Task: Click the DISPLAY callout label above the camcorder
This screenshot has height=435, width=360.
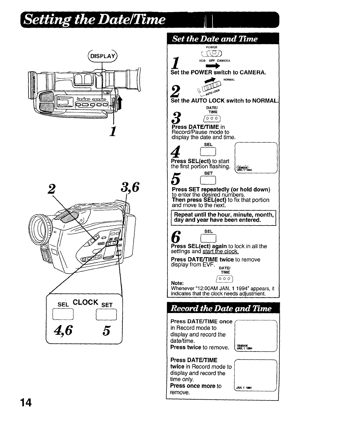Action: (x=102, y=56)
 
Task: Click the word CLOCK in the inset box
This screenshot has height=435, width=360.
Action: (x=86, y=302)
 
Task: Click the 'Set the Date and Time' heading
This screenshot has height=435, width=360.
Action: (x=215, y=39)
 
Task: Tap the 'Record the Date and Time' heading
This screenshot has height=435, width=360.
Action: (x=221, y=309)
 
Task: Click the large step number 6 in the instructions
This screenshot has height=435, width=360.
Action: (x=176, y=236)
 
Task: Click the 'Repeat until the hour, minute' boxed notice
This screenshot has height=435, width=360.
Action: (x=223, y=217)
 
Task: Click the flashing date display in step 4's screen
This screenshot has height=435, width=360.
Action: (x=244, y=168)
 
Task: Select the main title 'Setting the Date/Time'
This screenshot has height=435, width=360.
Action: (x=95, y=20)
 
